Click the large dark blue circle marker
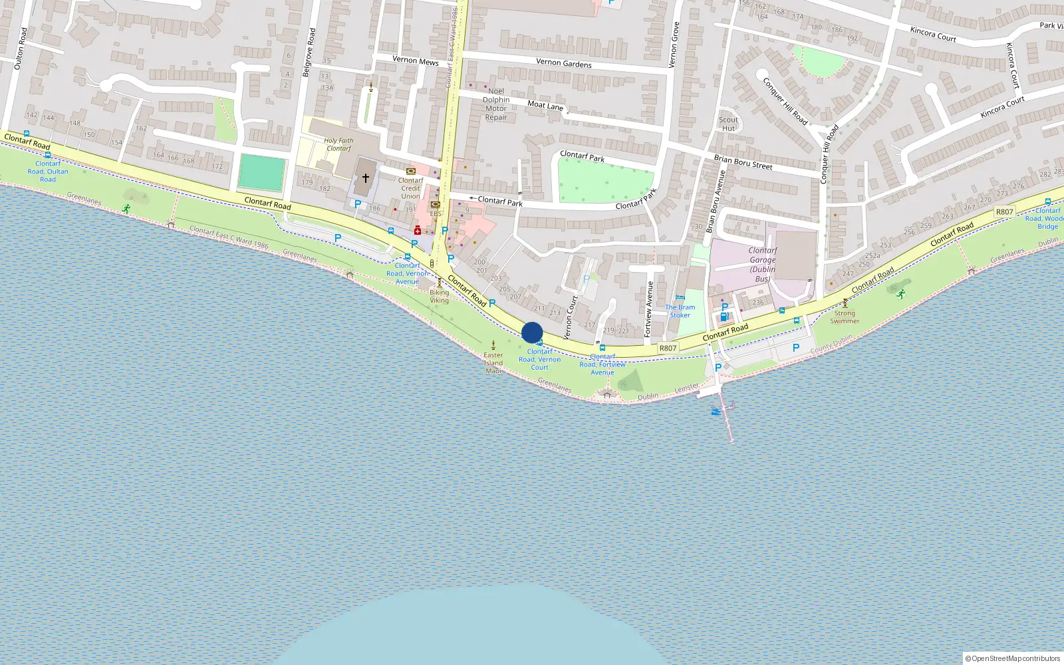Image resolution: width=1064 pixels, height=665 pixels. pos(532,332)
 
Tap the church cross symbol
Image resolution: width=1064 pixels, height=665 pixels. pos(365,178)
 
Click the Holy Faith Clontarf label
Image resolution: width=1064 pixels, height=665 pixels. pos(338,144)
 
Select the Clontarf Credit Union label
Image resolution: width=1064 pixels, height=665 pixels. pos(410,188)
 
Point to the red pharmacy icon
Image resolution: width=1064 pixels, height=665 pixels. pos(417,230)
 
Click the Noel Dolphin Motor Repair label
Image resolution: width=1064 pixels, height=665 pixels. pos(496,104)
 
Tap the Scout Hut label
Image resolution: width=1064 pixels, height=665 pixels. pos(728,124)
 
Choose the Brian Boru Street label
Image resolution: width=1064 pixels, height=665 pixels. pos(743,162)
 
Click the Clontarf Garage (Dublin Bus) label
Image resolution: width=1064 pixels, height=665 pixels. pos(763,265)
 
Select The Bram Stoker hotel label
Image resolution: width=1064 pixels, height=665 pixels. pos(680,311)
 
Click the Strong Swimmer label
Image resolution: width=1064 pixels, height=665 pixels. pos(845,317)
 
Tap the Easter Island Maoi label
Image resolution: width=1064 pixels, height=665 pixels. pos(493,363)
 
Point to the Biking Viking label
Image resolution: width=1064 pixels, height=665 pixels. pos(439,296)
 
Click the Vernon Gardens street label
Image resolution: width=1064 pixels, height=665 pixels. pos(563,63)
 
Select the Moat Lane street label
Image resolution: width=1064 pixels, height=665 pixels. pos(545,105)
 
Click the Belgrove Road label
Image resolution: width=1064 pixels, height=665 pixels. pos(309,53)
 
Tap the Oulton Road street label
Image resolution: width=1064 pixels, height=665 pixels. pos(21,49)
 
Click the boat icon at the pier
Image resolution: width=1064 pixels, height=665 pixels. pos(716,412)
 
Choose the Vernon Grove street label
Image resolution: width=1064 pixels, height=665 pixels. pos(674,45)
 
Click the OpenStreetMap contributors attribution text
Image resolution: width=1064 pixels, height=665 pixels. pos(1012,658)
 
